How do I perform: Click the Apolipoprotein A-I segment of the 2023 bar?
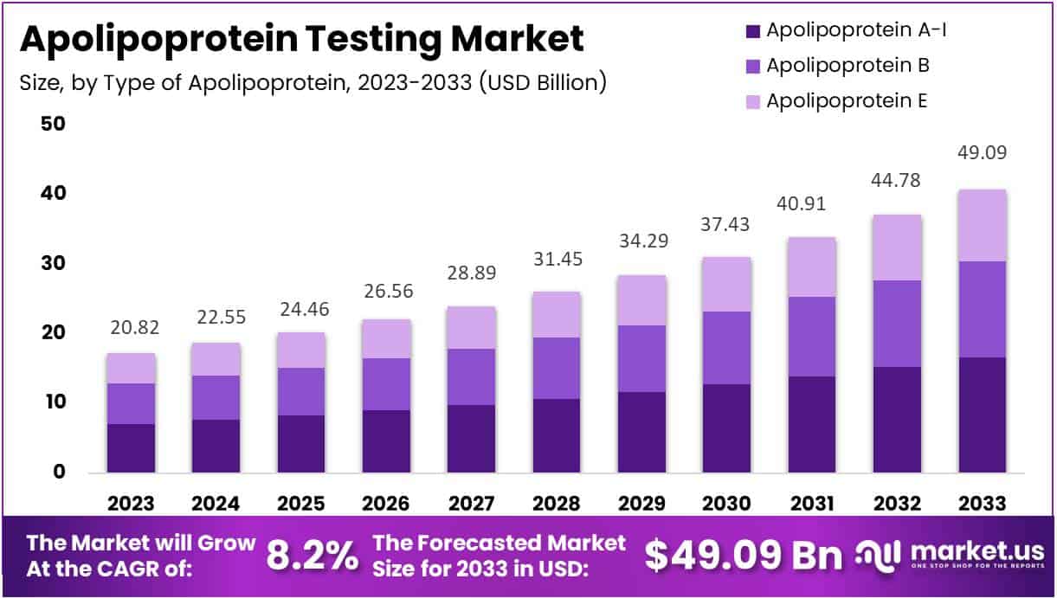point(131,448)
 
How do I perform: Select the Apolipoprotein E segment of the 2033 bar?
point(982,225)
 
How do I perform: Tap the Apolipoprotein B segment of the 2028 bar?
point(557,368)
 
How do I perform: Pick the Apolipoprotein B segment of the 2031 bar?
point(812,337)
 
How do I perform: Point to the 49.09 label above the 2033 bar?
point(982,153)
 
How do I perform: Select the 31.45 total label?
point(557,259)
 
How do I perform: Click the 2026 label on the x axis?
point(386,503)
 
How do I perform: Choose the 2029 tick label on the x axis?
point(641,503)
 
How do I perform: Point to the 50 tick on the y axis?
point(53,123)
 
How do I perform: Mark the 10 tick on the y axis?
point(53,402)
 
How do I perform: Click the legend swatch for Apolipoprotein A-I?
point(751,30)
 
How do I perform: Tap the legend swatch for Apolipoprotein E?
point(751,100)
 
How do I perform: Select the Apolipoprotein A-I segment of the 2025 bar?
point(301,444)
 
